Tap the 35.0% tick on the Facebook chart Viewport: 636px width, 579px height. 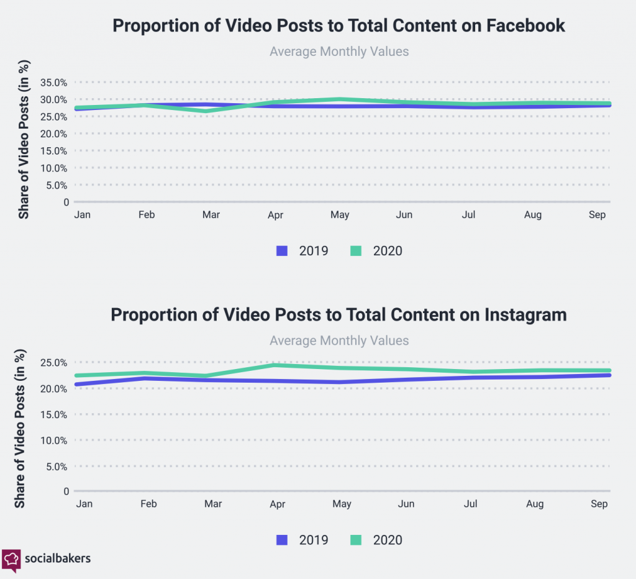(53, 83)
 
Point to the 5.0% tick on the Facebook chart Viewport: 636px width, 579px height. (55, 185)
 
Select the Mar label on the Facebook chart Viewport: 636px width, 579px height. (211, 215)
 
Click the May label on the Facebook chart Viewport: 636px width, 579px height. (340, 215)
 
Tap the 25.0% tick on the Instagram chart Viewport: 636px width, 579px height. (53, 362)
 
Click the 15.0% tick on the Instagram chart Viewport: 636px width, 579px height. (53, 414)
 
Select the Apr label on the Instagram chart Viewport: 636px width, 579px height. (277, 504)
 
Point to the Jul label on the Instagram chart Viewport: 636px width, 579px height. (471, 504)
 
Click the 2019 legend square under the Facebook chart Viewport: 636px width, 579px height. (282, 251)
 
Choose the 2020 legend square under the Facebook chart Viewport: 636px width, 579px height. (356, 251)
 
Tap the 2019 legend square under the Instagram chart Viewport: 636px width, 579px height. (282, 540)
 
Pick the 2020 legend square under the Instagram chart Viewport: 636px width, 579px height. (356, 540)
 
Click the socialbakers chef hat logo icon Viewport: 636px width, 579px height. (11, 558)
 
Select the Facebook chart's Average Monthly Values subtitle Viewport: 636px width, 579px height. (339, 52)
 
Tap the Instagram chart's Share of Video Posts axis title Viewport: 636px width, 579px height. (20, 429)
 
